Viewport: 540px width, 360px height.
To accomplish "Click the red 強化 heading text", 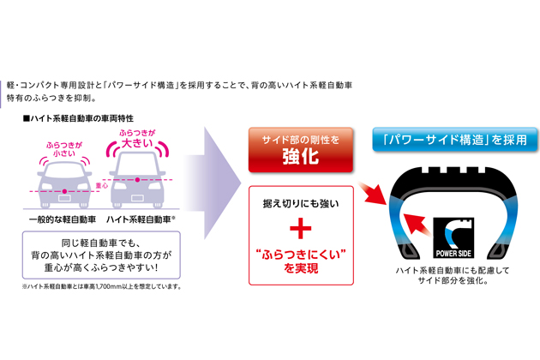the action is [x=301, y=156].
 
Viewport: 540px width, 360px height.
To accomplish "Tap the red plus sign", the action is [x=301, y=228].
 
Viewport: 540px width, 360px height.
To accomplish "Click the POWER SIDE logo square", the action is [x=453, y=237].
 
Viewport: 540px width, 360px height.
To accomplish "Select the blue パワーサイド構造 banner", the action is [x=455, y=140].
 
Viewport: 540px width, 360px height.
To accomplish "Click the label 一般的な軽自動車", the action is [x=63, y=219].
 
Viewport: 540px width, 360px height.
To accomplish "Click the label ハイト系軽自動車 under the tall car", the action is [x=139, y=219].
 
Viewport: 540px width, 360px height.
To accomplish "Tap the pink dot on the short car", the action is [x=64, y=191].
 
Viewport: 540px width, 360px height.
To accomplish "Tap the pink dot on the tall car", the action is [x=137, y=180].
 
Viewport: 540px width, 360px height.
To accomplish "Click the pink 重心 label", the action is [x=102, y=186].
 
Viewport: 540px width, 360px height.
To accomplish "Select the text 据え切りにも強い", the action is [x=301, y=204].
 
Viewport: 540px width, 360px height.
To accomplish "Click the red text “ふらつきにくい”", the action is [x=301, y=255].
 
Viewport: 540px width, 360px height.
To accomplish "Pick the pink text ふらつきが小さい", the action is [x=64, y=149].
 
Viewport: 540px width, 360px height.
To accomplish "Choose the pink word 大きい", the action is [x=137, y=143].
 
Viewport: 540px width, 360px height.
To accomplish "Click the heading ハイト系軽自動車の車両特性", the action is [x=78, y=118].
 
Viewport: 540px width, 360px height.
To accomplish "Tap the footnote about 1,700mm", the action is [x=102, y=286].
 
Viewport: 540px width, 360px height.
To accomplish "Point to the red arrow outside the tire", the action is [x=373, y=194].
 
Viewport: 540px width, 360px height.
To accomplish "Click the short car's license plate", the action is [x=64, y=198].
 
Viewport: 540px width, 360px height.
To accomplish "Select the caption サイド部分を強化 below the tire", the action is [x=453, y=281].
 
